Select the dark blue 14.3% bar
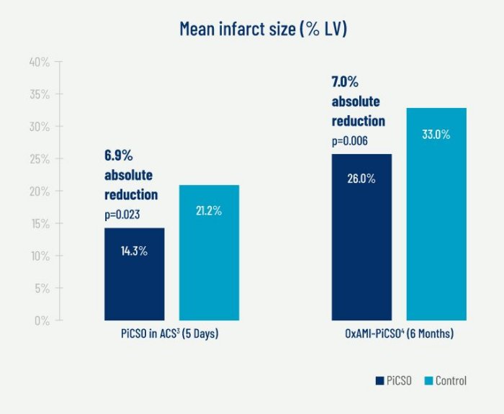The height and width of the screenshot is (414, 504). (x=134, y=274)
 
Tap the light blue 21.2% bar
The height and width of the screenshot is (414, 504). (x=209, y=252)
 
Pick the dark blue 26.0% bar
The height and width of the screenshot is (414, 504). (x=361, y=238)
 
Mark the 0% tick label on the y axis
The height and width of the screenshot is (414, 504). (x=42, y=320)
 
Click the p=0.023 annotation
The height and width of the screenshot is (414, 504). (x=124, y=214)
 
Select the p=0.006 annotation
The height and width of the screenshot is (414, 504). (x=350, y=141)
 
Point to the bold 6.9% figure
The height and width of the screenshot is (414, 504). (x=120, y=156)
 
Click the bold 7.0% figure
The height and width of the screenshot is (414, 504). (x=346, y=83)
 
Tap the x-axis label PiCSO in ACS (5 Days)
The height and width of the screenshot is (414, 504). (x=169, y=335)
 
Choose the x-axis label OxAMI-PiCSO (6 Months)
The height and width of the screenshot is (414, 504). (x=399, y=335)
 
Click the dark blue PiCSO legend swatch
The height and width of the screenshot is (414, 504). (x=379, y=381)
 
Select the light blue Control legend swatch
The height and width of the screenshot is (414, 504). (x=428, y=381)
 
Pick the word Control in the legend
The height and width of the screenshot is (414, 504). (x=451, y=381)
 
